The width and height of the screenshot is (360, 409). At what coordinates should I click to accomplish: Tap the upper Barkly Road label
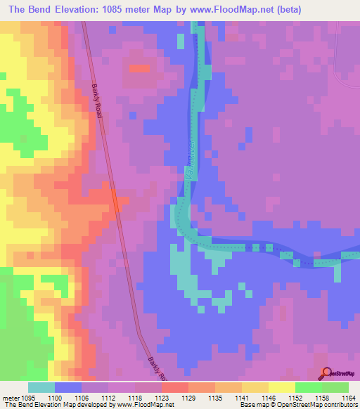(97, 101)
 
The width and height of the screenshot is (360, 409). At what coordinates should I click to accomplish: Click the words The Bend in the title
(27, 10)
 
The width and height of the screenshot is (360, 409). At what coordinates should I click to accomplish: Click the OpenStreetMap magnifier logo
(327, 373)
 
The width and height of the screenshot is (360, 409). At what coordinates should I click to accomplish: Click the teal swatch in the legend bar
(41, 387)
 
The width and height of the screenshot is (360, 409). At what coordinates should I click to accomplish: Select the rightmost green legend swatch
(335, 387)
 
